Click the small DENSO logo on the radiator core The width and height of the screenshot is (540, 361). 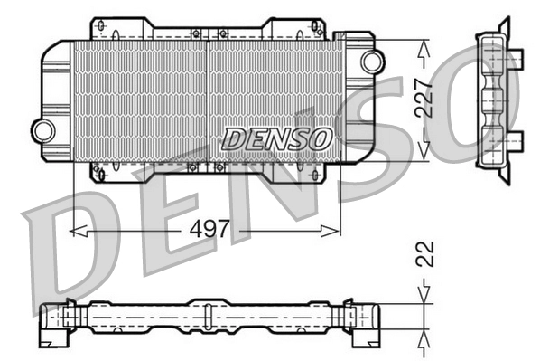277,138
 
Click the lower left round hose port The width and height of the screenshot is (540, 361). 42,129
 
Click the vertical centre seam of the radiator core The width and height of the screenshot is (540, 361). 208,100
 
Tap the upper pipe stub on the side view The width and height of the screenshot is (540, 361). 516,62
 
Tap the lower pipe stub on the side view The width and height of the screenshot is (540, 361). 516,139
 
